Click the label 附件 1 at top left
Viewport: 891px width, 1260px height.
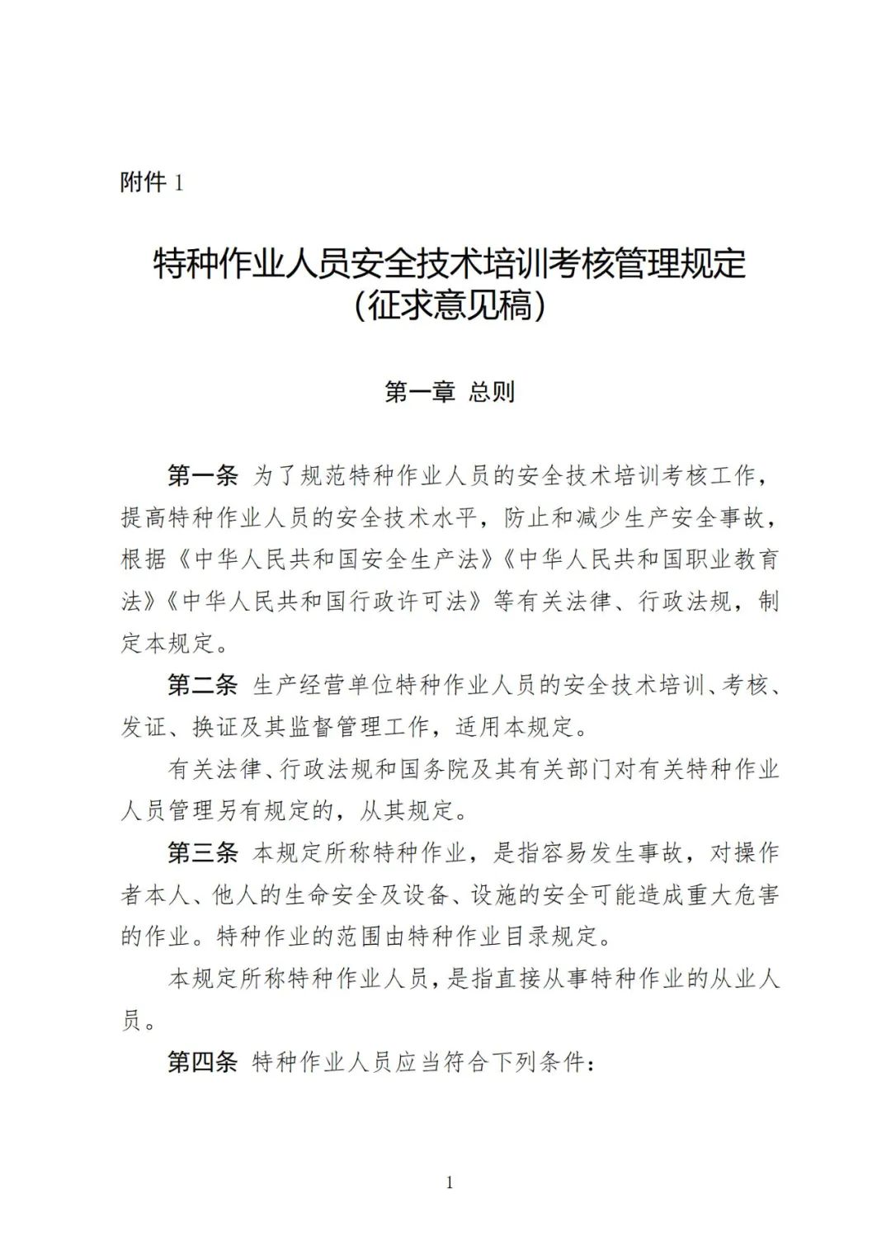click(x=152, y=182)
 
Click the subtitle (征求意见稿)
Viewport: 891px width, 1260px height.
click(x=450, y=307)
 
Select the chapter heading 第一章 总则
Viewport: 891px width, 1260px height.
click(x=450, y=391)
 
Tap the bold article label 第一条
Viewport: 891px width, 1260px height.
click(x=202, y=475)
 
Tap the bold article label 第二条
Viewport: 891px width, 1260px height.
click(x=202, y=684)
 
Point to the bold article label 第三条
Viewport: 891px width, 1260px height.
click(x=202, y=852)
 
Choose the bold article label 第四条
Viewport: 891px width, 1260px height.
click(x=202, y=1062)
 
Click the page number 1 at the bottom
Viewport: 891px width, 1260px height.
click(x=450, y=1182)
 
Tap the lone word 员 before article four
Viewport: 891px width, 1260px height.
click(x=132, y=1021)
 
